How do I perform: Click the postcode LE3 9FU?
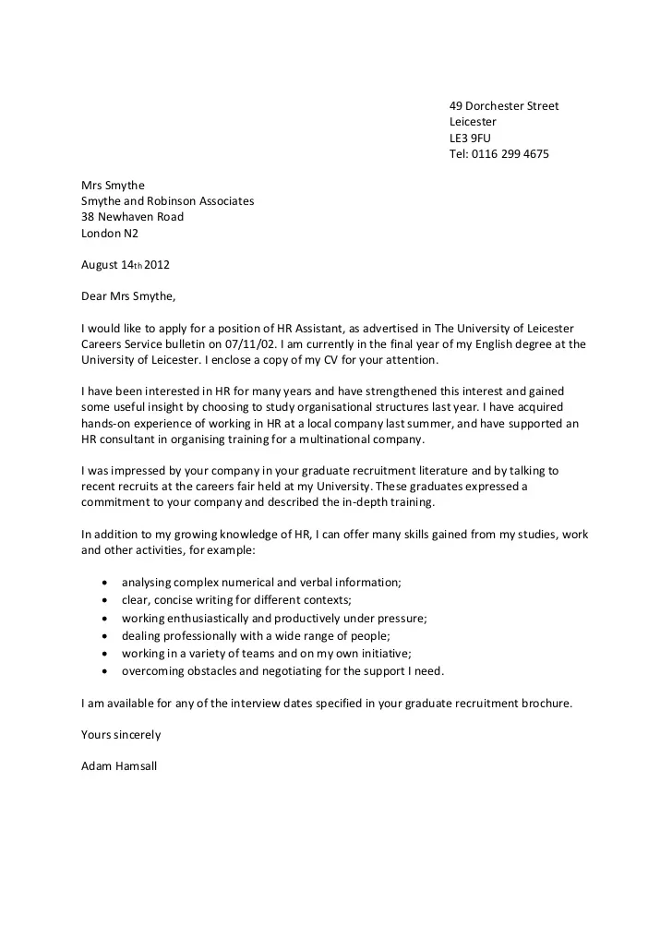[470, 138]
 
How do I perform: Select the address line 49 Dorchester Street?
[504, 106]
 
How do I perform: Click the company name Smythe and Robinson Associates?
[167, 201]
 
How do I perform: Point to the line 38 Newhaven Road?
[132, 217]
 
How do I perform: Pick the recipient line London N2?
[109, 233]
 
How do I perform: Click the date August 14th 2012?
[126, 264]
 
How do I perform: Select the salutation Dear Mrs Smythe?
[127, 296]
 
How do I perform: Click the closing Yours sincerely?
[121, 735]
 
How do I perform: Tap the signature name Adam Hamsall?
[119, 766]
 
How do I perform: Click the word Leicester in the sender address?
[473, 122]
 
